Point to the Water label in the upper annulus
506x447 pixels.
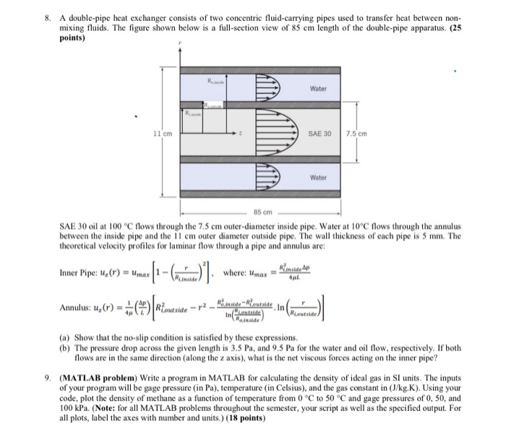(x=318, y=89)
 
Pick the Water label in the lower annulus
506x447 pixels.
(x=318, y=176)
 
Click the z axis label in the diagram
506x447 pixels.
(x=249, y=135)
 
